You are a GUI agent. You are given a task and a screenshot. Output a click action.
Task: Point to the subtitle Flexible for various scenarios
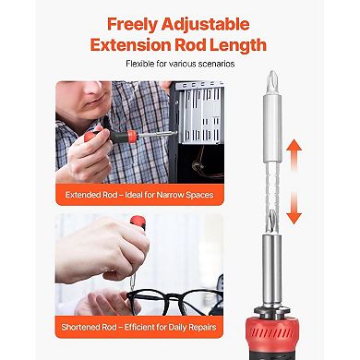tap(180, 64)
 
